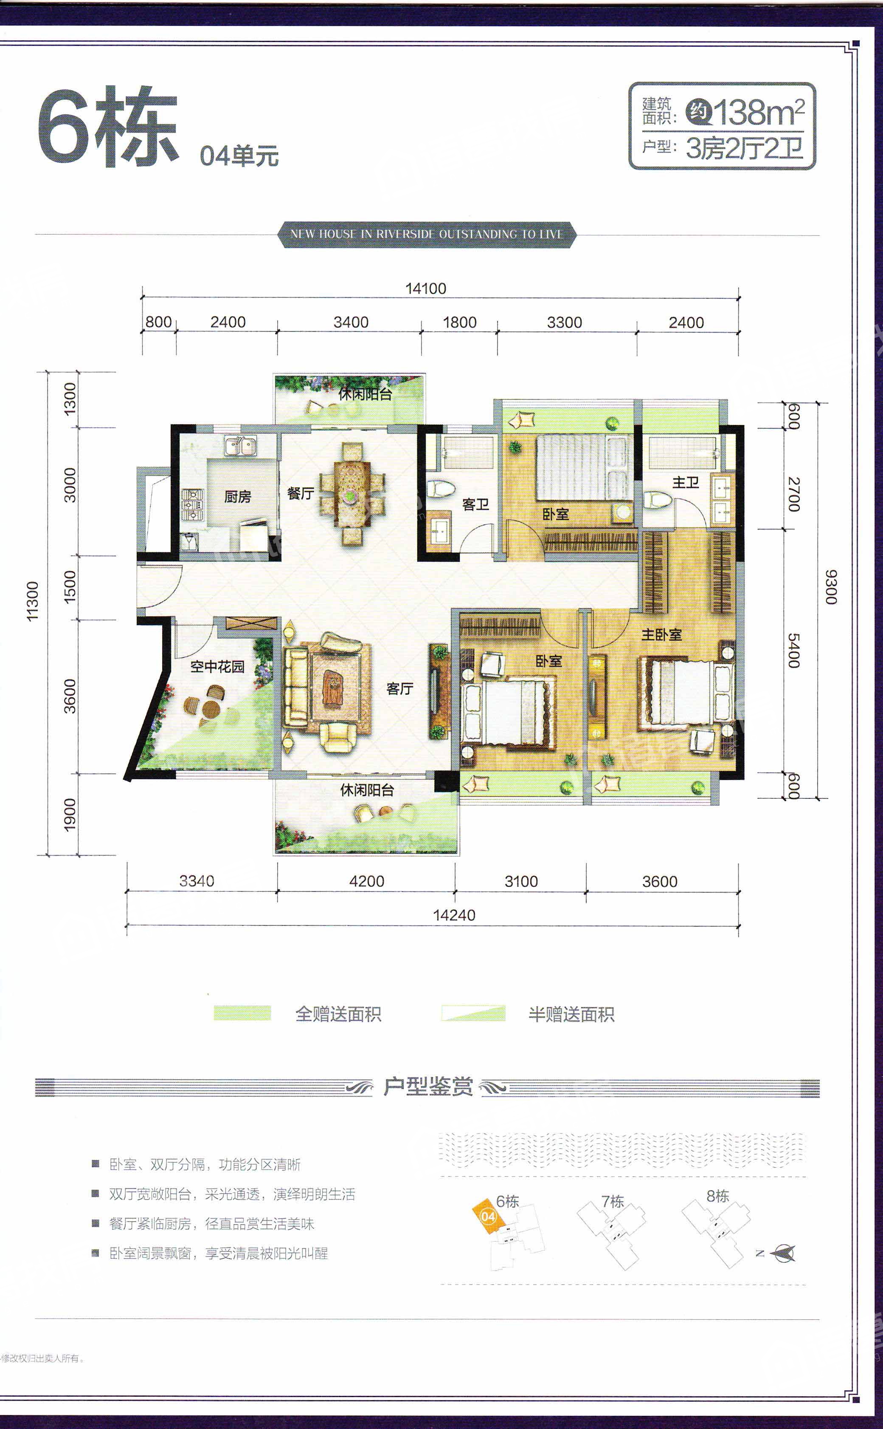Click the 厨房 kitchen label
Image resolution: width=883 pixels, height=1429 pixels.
[x=237, y=497]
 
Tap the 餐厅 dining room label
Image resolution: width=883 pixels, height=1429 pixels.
[x=301, y=493]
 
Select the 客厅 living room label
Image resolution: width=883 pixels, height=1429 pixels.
[x=400, y=688]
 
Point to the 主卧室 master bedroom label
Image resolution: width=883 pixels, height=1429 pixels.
[x=662, y=634]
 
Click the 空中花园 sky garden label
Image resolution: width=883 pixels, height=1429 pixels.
[x=217, y=666]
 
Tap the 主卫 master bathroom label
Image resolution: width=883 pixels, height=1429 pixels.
[x=686, y=482]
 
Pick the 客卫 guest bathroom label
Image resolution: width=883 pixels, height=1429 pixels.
[x=475, y=504]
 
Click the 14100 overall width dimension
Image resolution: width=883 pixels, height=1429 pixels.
[x=426, y=288]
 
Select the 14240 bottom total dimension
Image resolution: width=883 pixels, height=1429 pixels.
[x=454, y=915]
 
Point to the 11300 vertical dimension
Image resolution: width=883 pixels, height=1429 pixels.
[x=33, y=601]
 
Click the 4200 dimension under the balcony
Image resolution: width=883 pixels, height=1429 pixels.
[x=367, y=881]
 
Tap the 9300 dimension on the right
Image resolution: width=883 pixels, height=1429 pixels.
[x=831, y=587]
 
